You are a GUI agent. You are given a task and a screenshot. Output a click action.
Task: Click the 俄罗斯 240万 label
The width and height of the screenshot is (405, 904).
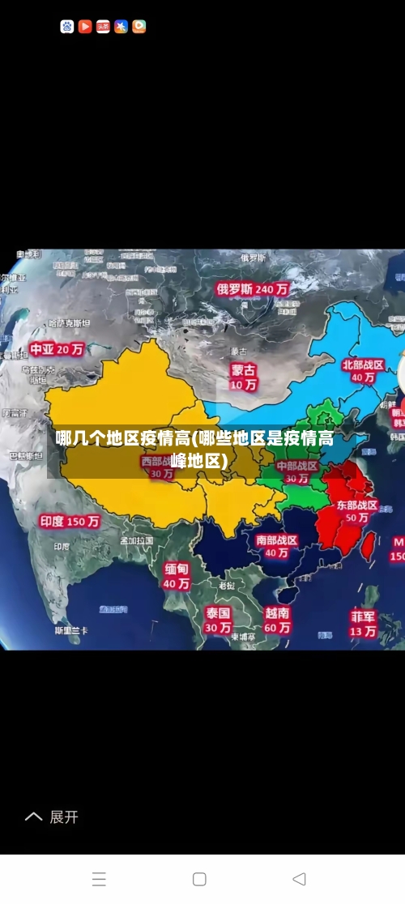252,288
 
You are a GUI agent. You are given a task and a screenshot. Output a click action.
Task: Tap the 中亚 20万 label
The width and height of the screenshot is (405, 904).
57,349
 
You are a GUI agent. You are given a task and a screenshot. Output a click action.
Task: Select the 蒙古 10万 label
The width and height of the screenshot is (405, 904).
243,377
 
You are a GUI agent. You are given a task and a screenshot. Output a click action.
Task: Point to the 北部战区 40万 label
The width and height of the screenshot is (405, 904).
362,370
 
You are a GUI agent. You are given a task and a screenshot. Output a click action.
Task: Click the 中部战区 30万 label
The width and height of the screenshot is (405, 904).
296,471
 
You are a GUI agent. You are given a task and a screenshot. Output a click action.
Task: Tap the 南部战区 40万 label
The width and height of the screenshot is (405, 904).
276,546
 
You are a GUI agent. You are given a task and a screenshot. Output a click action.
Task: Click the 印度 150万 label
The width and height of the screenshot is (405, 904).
70,522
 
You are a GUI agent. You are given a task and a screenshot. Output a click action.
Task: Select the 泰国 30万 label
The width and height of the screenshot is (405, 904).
217,620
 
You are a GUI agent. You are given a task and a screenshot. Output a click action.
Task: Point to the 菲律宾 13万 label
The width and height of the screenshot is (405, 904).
363,622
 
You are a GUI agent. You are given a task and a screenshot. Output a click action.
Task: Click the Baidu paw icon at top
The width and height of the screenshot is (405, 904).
67,26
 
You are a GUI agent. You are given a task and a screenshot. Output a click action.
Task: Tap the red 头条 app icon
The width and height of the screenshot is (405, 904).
103,26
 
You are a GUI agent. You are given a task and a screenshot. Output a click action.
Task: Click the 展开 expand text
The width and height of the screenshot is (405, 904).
64,817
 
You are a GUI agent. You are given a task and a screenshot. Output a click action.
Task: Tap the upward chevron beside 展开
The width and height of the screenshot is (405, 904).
33,817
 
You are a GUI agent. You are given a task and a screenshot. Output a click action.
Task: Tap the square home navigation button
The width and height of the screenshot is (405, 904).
199,879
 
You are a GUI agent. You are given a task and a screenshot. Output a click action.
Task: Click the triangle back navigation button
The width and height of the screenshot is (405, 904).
299,879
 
